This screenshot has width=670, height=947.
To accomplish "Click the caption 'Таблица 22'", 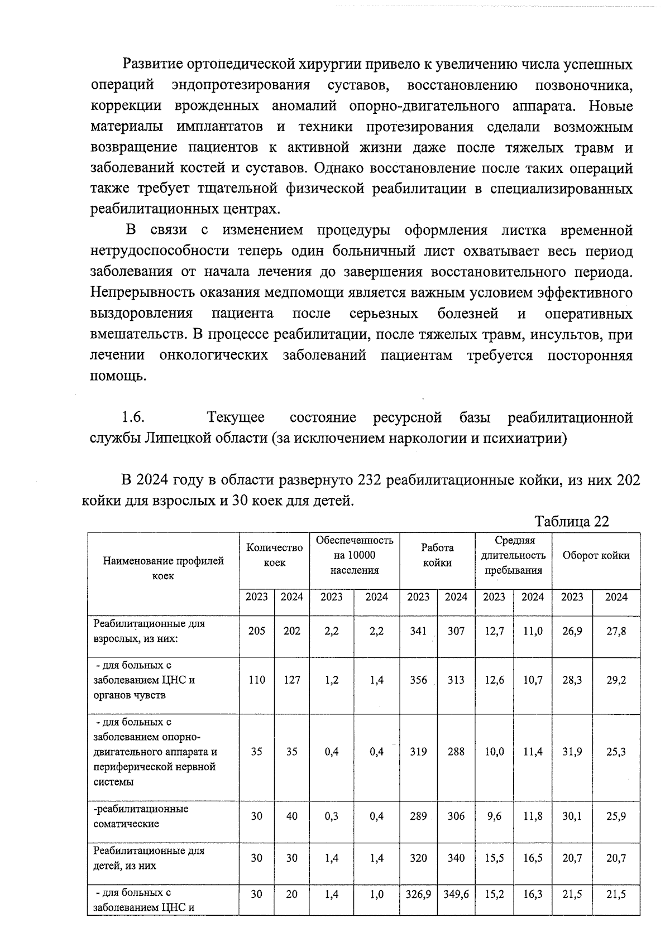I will click(x=571, y=521).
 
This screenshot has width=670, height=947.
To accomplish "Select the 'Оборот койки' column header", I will click(x=596, y=555).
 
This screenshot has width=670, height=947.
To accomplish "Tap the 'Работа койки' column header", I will click(x=437, y=555).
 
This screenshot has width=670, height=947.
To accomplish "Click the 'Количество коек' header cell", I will click(x=274, y=555).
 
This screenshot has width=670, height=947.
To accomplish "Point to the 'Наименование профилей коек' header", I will click(x=163, y=568).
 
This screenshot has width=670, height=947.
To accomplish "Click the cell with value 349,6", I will click(x=456, y=894).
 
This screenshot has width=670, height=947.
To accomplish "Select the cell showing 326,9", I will click(x=418, y=894).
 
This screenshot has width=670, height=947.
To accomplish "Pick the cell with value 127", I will click(x=291, y=680).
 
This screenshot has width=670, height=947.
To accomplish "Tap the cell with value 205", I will click(x=257, y=631).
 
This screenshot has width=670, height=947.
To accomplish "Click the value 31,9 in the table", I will click(x=572, y=751).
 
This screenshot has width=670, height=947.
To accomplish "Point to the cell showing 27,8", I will click(x=616, y=631).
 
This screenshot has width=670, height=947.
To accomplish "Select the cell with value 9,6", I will click(x=494, y=816).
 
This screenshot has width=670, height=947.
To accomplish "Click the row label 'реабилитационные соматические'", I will click(x=141, y=816).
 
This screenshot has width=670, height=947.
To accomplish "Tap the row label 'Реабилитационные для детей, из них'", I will click(x=149, y=858).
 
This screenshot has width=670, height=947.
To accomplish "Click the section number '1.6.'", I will click(x=133, y=417).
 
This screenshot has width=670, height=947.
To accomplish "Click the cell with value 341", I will click(x=418, y=631).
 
